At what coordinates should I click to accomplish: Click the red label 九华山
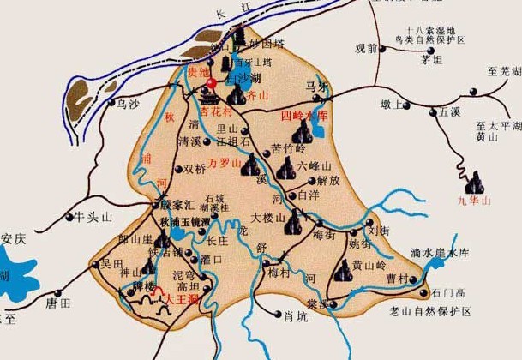pos(474,201)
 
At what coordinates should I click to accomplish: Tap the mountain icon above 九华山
pos(473,183)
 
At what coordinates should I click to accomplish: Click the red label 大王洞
pos(181,299)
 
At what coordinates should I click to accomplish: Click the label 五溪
pos(449,111)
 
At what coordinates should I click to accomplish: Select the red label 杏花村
pos(214,111)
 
